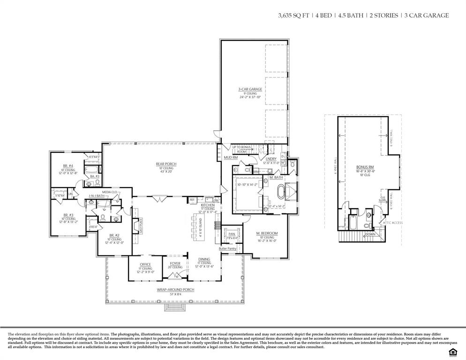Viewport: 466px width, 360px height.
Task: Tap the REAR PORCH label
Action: point(166,164)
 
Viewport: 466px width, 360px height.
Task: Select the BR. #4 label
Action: point(68,165)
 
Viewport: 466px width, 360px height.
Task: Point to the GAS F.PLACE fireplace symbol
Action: point(136,226)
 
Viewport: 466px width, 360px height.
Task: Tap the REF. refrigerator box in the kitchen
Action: point(192,200)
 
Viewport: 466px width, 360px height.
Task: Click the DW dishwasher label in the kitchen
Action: point(216,200)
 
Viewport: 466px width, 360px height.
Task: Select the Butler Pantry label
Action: point(227,248)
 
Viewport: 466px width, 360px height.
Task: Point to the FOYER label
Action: point(175,263)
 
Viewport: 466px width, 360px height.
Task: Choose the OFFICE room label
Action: point(145,264)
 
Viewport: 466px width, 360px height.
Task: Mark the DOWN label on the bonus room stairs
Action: point(370,234)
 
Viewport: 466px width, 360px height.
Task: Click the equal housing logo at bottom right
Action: point(453,352)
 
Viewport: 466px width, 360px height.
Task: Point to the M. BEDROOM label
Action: point(267,233)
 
